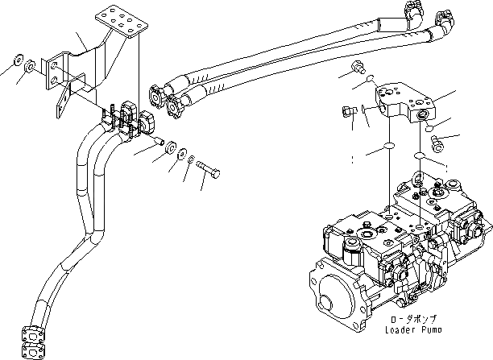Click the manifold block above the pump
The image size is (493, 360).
411,101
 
